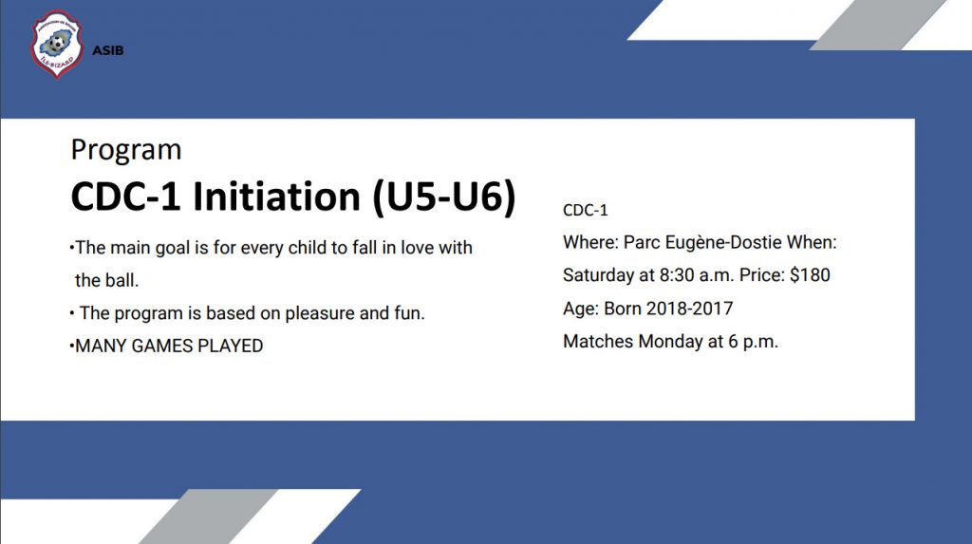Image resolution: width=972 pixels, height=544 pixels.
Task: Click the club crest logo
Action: tap(57, 44)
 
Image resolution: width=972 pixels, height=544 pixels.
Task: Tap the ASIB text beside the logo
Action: tap(108, 51)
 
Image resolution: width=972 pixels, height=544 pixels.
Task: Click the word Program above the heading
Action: tap(126, 150)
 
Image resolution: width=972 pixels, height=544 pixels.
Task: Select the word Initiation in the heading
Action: tap(276, 197)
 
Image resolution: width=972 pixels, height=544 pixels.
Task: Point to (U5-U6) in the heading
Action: tap(444, 197)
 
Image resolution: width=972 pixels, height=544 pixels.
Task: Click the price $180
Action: tap(810, 274)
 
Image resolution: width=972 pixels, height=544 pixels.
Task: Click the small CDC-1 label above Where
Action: tap(585, 210)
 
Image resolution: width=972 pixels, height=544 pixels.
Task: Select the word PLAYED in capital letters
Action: tap(230, 346)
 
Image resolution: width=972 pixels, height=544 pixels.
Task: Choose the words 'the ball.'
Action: tap(106, 280)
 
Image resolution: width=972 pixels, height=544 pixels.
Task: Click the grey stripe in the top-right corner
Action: tap(878, 25)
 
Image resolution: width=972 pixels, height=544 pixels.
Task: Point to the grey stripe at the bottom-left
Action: tap(208, 516)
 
